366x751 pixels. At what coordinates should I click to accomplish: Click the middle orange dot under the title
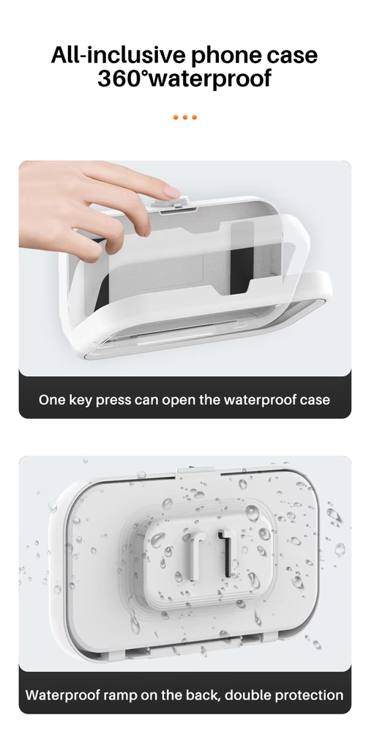(x=185, y=117)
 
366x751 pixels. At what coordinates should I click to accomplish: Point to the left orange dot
(x=176, y=117)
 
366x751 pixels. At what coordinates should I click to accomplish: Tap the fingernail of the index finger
(x=171, y=191)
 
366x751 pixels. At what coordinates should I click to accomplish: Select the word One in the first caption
(x=52, y=400)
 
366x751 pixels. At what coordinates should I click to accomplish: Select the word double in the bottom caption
(x=240, y=695)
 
